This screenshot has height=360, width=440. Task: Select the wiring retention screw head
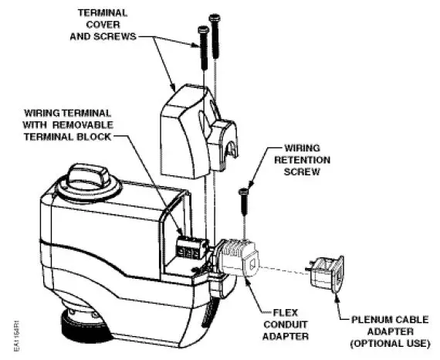pos(244,190)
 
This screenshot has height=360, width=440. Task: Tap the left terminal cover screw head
pos(202,30)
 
